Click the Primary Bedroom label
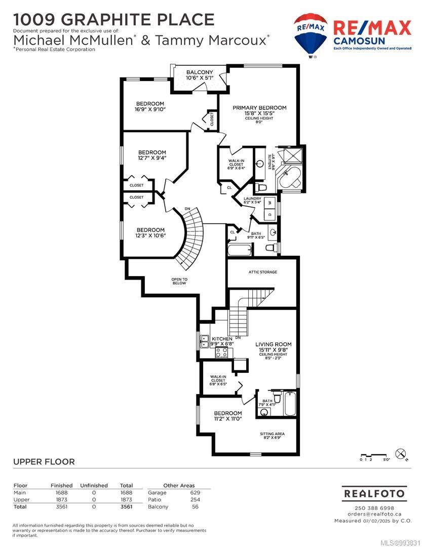(x=259, y=108)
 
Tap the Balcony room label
(x=199, y=72)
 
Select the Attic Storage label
(x=263, y=272)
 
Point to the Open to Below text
(x=179, y=281)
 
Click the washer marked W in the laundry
(x=270, y=202)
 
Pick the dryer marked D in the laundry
(x=270, y=214)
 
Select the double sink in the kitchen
(x=204, y=341)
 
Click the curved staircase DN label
(x=187, y=209)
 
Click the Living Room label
(x=273, y=344)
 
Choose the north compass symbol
(x=400, y=454)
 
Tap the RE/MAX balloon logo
(x=310, y=34)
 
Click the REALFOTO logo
(x=374, y=494)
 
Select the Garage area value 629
(x=195, y=493)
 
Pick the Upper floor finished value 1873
(x=62, y=499)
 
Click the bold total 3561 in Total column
(x=126, y=506)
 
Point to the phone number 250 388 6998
(x=374, y=508)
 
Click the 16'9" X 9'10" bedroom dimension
(x=150, y=109)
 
